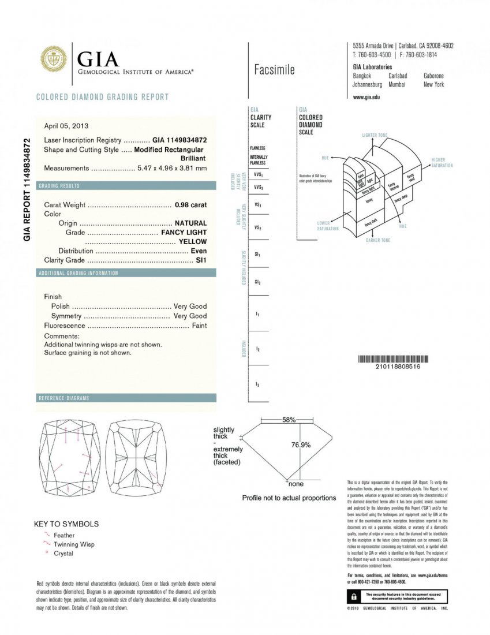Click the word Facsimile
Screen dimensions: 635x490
(274, 70)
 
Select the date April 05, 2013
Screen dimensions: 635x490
(66, 126)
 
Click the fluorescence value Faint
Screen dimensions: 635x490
(199, 326)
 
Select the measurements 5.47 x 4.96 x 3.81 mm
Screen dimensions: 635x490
(171, 169)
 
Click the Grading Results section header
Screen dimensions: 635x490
(59, 186)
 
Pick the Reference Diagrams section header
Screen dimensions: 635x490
(63, 398)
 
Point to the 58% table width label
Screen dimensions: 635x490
(289, 420)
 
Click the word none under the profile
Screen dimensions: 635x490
(296, 484)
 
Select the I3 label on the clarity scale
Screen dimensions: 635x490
(257, 384)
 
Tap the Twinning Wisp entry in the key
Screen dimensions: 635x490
(74, 544)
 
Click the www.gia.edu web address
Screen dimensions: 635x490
(366, 97)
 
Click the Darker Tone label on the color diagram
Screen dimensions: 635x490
(378, 240)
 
